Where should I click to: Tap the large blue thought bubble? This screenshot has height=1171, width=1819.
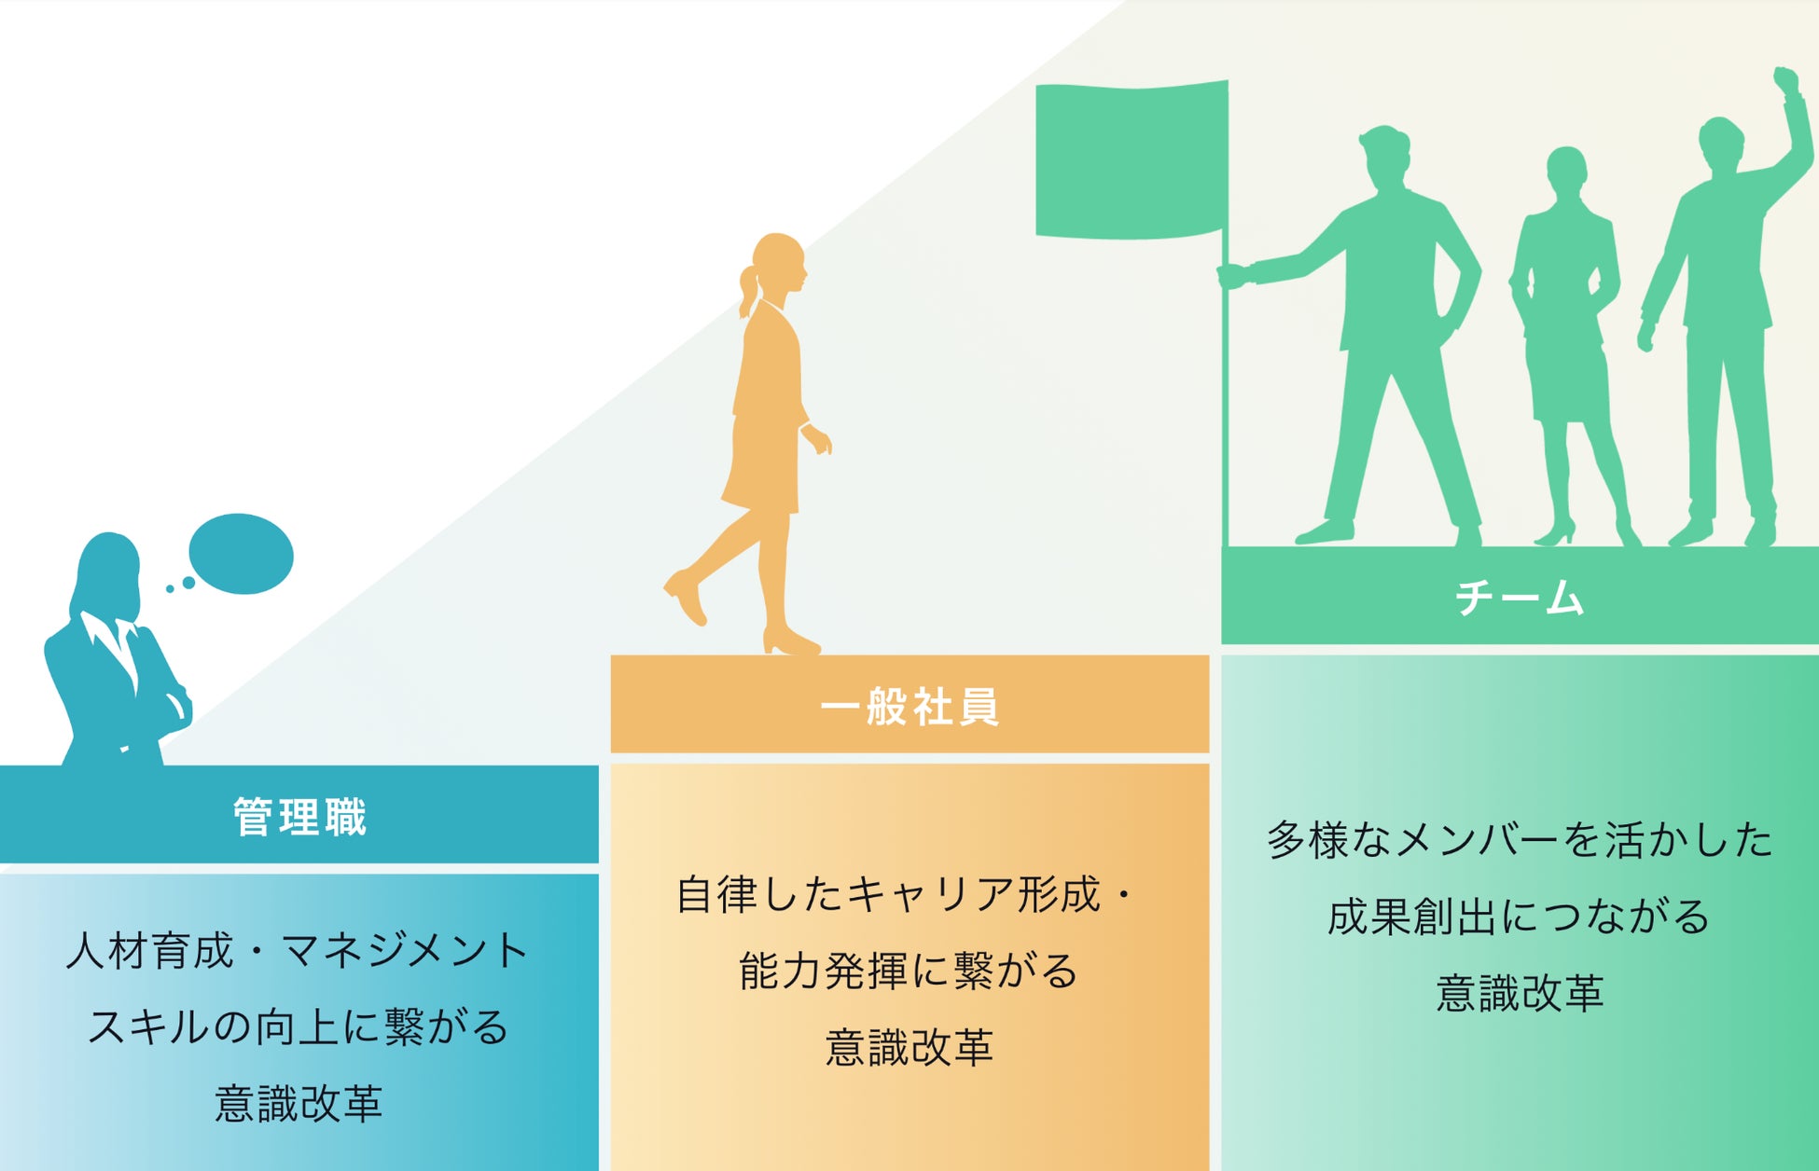(241, 554)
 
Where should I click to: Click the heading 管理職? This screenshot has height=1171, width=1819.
(299, 817)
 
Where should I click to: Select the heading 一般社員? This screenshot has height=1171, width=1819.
(909, 706)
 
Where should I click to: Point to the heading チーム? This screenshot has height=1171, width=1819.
(1520, 598)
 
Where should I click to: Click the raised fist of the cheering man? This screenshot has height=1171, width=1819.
(1785, 81)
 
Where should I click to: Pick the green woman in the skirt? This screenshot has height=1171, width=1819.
(1567, 336)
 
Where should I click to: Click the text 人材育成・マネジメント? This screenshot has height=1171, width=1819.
(298, 951)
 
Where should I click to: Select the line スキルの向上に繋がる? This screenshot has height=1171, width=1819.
(298, 1027)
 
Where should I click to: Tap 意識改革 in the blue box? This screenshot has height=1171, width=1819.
(299, 1104)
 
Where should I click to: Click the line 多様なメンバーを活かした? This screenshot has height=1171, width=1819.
(1520, 840)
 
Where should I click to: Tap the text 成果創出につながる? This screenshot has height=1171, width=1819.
(1519, 916)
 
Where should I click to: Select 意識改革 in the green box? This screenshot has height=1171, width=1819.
(1520, 993)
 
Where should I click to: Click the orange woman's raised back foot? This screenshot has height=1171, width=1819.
(686, 597)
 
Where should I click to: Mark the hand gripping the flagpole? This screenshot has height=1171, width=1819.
(1233, 275)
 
